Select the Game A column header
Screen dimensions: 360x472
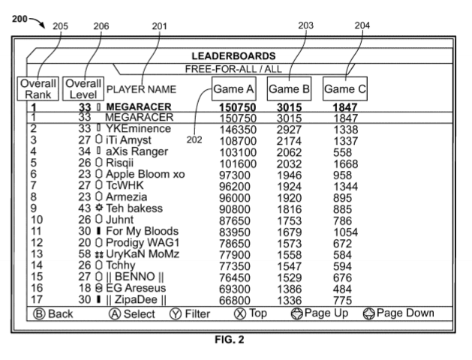point(233,91)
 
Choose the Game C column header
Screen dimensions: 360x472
point(344,91)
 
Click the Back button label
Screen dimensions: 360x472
point(56,313)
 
